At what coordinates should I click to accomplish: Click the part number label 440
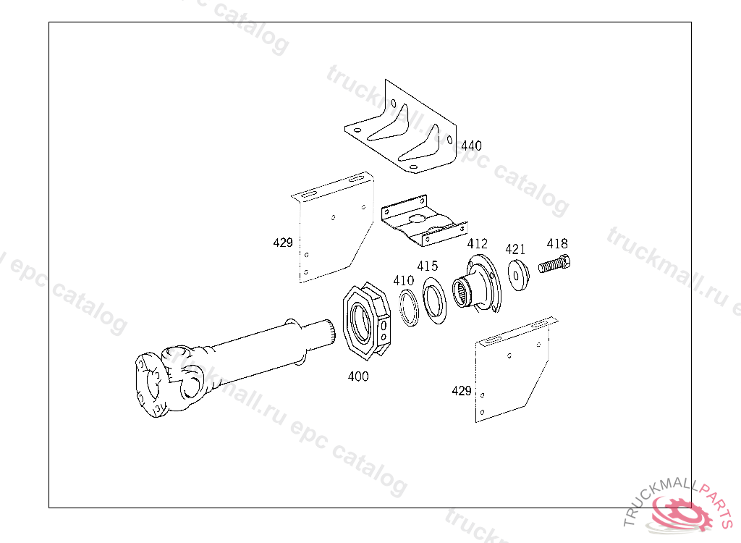tap(471, 146)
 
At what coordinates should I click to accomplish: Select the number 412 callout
tap(477, 244)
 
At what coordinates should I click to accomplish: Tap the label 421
tap(515, 249)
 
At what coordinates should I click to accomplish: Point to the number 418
tap(557, 244)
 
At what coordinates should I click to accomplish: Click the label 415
tap(427, 266)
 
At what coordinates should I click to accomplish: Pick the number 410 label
tap(403, 280)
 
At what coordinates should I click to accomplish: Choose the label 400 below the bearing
tap(357, 376)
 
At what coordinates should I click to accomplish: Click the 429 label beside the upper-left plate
tap(283, 243)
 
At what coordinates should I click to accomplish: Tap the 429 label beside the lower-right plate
tap(462, 391)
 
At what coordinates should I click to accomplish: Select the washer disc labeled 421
tap(518, 275)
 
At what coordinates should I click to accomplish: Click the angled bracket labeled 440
tap(402, 130)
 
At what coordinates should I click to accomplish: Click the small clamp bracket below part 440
tap(423, 222)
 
